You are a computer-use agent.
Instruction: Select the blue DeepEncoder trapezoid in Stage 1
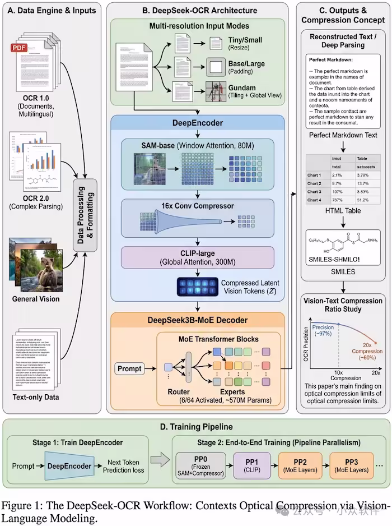pyautogui.click(x=68, y=465)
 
